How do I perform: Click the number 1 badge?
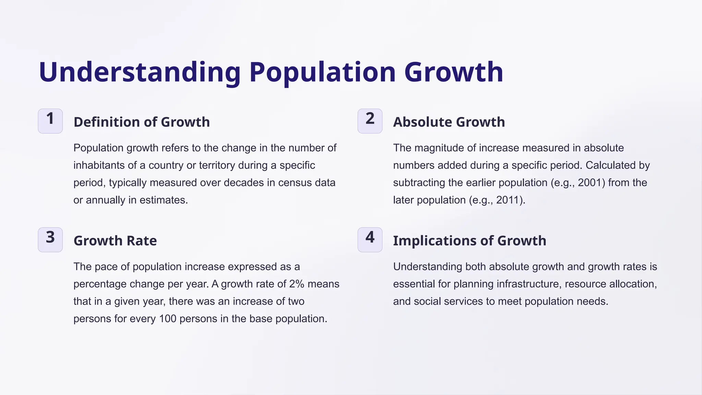tap(50, 121)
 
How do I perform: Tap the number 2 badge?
tap(370, 121)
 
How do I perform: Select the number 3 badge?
tap(50, 239)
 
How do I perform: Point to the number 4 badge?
tap(370, 239)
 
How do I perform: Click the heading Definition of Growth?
tap(142, 122)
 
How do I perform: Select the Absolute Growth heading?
tap(449, 122)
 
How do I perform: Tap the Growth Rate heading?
tap(115, 241)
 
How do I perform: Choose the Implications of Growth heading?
tap(469, 241)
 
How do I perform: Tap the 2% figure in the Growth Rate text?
tap(296, 284)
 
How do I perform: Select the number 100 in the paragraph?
tap(168, 319)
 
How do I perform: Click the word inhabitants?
tap(99, 165)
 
